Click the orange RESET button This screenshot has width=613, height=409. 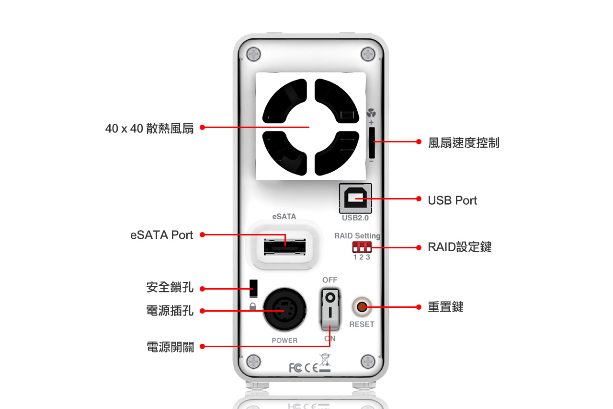[362, 306]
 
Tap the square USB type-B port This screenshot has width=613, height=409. [355, 198]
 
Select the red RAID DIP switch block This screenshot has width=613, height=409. [362, 247]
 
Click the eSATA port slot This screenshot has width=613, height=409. [285, 246]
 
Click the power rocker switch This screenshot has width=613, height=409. [330, 309]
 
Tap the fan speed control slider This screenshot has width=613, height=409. [372, 142]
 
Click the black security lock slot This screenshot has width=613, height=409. [253, 288]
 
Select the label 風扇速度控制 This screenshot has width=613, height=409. [464, 143]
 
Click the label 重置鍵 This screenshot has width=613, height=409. [445, 307]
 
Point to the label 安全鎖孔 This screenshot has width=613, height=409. [170, 287]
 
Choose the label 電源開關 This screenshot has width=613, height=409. [170, 347]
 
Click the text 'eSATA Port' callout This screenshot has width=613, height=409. [161, 235]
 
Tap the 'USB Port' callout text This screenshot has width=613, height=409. [452, 200]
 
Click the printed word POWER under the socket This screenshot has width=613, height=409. [284, 340]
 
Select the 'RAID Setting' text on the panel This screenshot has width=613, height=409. [357, 236]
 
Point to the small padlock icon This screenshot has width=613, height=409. [252, 306]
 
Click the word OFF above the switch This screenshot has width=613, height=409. [329, 280]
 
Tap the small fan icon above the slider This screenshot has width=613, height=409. [371, 114]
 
